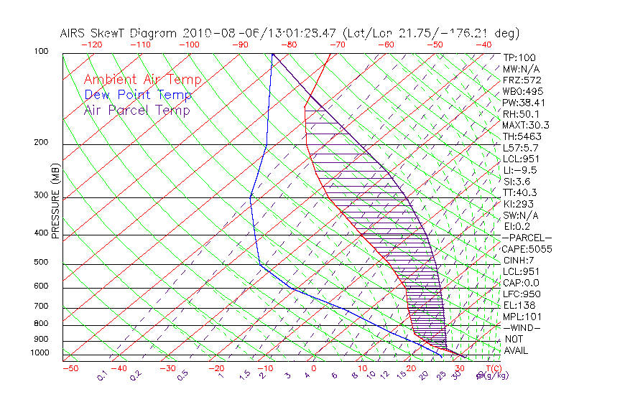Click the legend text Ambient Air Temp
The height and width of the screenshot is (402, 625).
(x=142, y=80)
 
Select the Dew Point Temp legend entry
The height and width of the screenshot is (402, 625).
(x=137, y=95)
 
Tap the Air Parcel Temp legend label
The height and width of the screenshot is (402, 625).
(x=136, y=110)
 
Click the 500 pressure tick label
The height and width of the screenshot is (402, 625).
(x=42, y=263)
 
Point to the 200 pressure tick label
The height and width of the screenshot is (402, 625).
(x=42, y=143)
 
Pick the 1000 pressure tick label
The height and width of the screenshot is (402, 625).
(x=40, y=353)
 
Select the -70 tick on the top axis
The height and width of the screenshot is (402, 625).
(x=337, y=45)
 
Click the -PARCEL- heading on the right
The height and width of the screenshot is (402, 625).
(x=527, y=238)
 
